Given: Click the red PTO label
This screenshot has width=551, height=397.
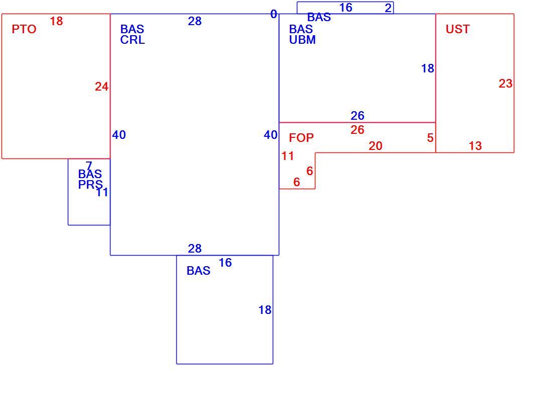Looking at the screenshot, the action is pyautogui.click(x=24, y=29).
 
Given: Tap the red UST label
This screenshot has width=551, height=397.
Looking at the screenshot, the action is pyautogui.click(x=458, y=29).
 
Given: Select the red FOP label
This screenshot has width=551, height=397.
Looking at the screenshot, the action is pyautogui.click(x=301, y=137).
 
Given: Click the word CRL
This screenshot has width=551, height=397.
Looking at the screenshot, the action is pyautogui.click(x=133, y=40).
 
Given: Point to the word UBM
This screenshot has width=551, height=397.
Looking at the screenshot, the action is pyautogui.click(x=302, y=40).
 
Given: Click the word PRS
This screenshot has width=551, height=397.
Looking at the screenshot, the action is pyautogui.click(x=90, y=185).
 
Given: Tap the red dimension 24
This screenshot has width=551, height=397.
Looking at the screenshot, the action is pyautogui.click(x=101, y=87).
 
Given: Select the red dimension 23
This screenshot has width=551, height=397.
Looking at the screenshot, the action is pyautogui.click(x=505, y=84).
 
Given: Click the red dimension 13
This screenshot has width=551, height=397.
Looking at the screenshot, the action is pyautogui.click(x=475, y=146).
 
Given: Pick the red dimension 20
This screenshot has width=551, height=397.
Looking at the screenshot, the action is pyautogui.click(x=375, y=146).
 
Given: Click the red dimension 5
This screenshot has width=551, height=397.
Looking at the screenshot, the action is pyautogui.click(x=430, y=137).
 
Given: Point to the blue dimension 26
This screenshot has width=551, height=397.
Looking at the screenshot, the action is pyautogui.click(x=358, y=115).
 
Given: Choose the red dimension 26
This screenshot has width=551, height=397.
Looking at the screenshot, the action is pyautogui.click(x=358, y=129).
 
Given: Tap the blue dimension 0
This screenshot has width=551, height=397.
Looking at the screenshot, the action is pyautogui.click(x=274, y=14).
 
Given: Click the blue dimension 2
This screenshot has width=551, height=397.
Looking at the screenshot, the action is pyautogui.click(x=388, y=8).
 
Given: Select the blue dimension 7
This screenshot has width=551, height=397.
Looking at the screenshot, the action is pyautogui.click(x=89, y=165).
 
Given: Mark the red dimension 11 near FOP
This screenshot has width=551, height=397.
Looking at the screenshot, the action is pyautogui.click(x=287, y=156).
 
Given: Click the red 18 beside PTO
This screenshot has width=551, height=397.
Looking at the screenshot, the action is pyautogui.click(x=56, y=21).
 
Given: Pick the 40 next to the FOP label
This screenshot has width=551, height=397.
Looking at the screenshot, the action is pyautogui.click(x=271, y=135).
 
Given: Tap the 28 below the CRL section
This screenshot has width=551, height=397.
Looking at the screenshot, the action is pyautogui.click(x=195, y=249).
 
